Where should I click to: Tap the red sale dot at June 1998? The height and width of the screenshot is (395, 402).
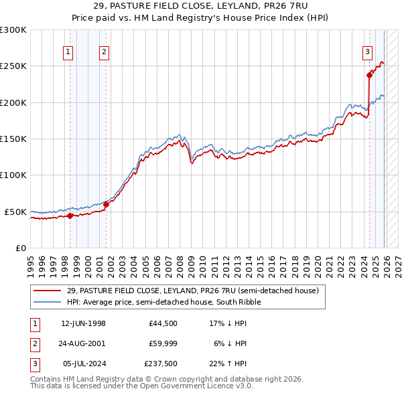tap(70, 216)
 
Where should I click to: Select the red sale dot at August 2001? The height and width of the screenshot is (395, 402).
tap(106, 204)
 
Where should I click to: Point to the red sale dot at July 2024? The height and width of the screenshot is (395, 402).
tap(369, 75)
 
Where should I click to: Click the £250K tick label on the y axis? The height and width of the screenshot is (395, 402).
tap(13, 66)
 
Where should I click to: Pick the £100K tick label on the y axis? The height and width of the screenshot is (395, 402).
tap(13, 175)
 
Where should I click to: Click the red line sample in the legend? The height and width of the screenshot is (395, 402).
tap(48, 291)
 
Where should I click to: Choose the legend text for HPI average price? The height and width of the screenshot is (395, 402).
tap(163, 302)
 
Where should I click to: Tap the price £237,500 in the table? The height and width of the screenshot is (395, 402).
tap(161, 364)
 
